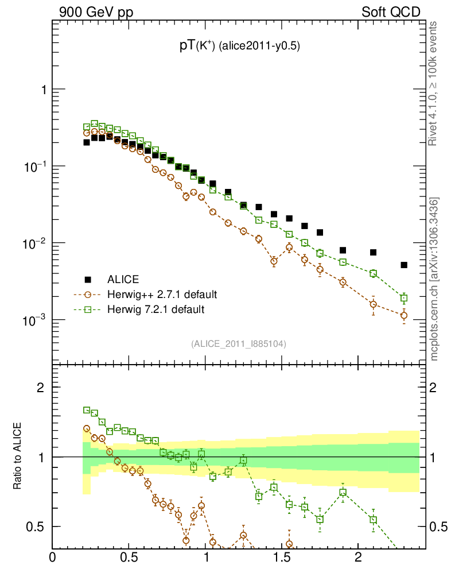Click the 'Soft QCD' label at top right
click(391, 12)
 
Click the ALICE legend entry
click(122, 280)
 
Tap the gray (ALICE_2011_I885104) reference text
click(239, 344)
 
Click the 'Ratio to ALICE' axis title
click(18, 457)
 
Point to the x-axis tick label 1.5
click(282, 558)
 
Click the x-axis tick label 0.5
click(129, 558)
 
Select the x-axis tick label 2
click(358, 558)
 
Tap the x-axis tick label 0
click(53, 558)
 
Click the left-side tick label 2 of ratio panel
click(41, 388)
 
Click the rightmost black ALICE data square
click(404, 265)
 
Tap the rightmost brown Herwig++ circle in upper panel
click(404, 315)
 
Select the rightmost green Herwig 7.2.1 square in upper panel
click(404, 298)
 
